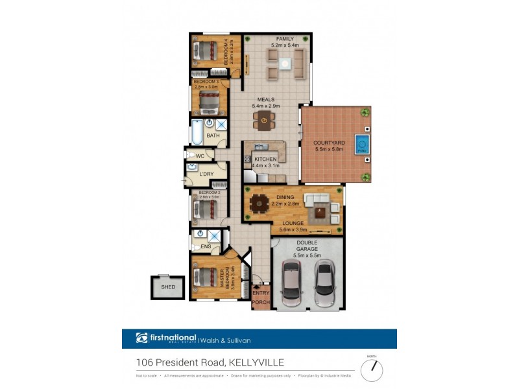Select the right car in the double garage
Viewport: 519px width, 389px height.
(324, 283)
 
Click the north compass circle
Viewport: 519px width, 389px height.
(372, 370)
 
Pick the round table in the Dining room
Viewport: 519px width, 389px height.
(259, 204)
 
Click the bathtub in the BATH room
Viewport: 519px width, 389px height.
(196, 135)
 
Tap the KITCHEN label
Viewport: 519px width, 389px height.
(266, 159)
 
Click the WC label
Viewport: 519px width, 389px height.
(200, 156)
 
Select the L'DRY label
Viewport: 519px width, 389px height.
(206, 174)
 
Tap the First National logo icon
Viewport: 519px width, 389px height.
(142, 338)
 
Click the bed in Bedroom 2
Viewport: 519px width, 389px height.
(207, 208)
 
